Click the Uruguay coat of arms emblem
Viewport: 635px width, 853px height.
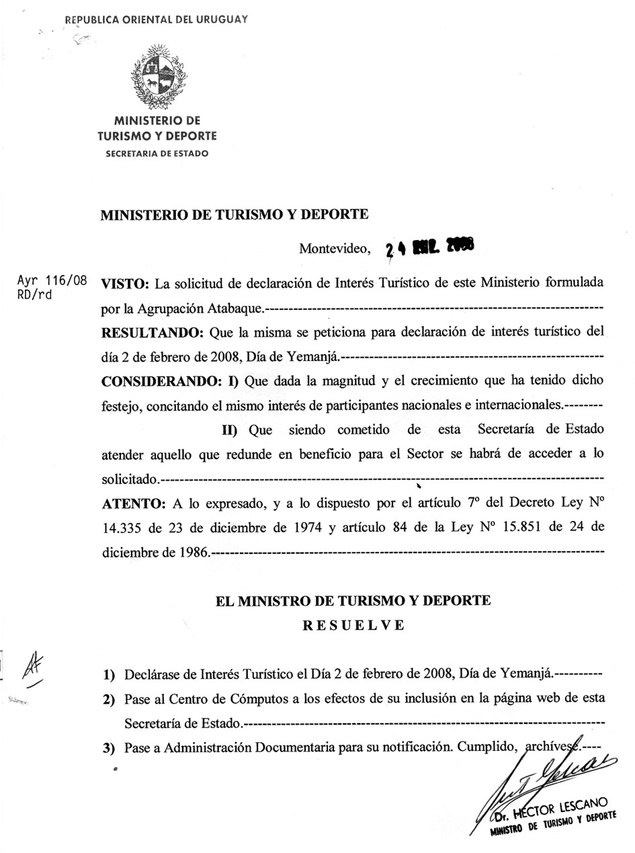(158, 75)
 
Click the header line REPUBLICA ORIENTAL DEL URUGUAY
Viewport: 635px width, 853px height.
(157, 19)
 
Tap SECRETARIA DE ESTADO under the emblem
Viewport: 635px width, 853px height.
(157, 153)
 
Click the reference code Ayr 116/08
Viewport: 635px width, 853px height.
(52, 280)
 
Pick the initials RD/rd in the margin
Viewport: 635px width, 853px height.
(34, 294)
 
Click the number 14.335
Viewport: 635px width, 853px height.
(123, 528)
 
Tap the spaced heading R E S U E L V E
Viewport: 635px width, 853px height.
(353, 625)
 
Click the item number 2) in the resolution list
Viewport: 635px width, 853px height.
(109, 700)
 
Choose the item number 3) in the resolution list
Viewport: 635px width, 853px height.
(109, 747)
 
